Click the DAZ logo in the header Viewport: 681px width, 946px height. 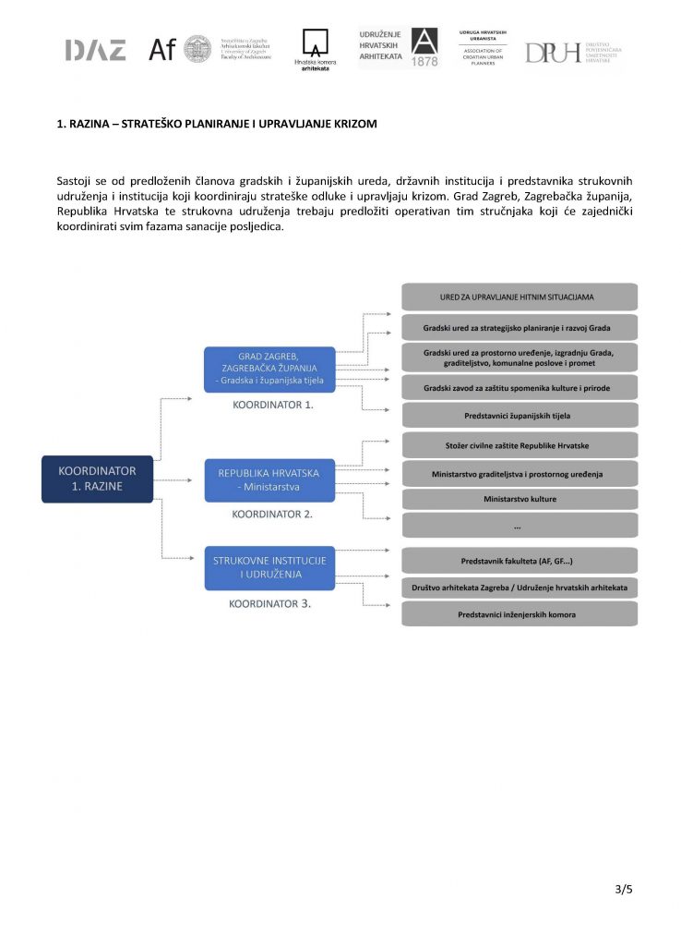pos(95,51)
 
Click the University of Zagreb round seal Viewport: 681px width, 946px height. pos(197,49)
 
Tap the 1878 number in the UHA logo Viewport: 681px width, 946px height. pos(425,61)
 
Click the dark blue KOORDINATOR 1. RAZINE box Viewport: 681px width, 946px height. pos(97,479)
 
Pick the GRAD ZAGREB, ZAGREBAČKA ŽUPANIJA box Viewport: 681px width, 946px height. pos(269,370)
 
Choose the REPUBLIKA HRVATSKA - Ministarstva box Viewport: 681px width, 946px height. pos(269,480)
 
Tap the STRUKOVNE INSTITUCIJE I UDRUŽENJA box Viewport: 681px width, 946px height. pos(269,567)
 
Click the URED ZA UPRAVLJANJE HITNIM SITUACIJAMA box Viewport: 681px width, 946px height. pos(520,297)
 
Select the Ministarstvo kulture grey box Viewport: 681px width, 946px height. pos(520,500)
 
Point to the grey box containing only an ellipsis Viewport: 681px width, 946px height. pos(520,526)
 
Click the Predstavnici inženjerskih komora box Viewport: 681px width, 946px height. pos(520,614)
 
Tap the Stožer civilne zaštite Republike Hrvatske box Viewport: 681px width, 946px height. pos(520,445)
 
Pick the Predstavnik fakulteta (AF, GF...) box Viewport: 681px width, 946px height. pos(520,561)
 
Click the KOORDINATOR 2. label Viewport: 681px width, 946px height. pos(272,514)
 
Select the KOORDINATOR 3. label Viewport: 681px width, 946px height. pos(270,603)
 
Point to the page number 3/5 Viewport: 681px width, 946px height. pos(624,890)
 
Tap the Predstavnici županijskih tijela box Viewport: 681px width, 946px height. pos(520,416)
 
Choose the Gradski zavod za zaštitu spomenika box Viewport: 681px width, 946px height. pos(520,388)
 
